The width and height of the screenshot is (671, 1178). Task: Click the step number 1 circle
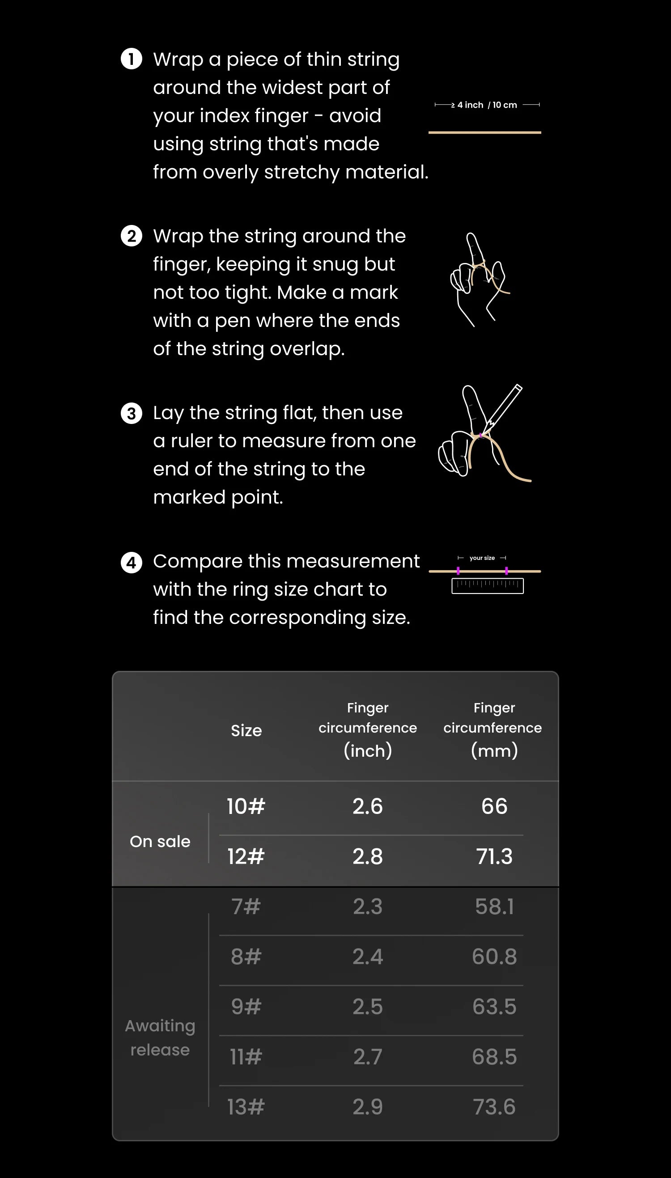(132, 59)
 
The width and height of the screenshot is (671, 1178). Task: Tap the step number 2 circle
(132, 236)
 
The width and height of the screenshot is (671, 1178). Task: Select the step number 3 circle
(132, 413)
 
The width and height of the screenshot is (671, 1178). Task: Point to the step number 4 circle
(132, 563)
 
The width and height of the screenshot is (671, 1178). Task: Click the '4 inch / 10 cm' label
(487, 105)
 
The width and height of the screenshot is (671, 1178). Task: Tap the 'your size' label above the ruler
(482, 558)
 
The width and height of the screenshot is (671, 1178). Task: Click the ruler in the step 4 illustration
(488, 586)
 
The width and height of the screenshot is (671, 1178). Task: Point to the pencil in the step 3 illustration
(505, 405)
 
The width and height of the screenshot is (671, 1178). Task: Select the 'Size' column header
(246, 731)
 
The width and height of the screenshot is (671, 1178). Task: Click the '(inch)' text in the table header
(368, 751)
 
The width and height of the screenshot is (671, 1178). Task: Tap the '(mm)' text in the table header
(494, 751)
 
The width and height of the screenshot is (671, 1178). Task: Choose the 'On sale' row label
(160, 842)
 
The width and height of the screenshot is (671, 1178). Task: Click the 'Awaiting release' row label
(160, 1038)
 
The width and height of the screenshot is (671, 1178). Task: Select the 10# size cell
(246, 806)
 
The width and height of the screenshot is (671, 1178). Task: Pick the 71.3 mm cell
(494, 856)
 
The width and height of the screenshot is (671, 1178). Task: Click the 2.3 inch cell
(368, 907)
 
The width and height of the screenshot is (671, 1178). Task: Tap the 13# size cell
(246, 1107)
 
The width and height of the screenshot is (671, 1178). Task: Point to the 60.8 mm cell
(494, 957)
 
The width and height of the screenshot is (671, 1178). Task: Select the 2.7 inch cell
(368, 1057)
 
